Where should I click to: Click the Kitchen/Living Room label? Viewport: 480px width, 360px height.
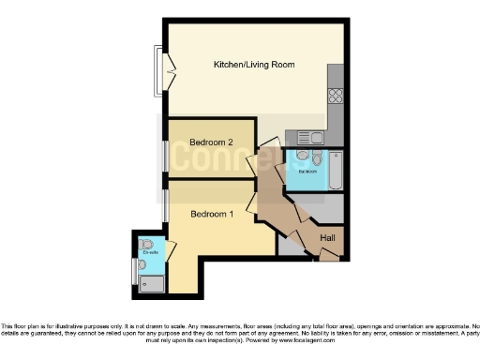[254, 65]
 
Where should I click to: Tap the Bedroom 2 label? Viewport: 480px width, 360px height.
[211, 142]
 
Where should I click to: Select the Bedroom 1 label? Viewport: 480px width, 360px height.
[211, 214]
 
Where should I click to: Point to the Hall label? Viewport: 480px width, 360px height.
[328, 238]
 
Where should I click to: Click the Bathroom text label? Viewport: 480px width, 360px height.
[308, 172]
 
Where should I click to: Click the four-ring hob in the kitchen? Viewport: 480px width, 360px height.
[336, 97]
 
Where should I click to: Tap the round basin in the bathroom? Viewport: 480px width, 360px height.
[302, 157]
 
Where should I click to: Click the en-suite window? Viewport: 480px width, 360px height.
[133, 272]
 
